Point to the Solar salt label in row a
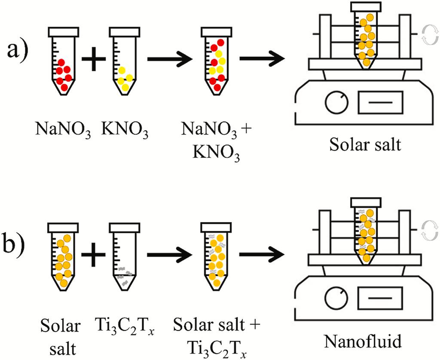[366, 145]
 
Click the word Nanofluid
[366, 342]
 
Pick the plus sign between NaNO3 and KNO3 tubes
[93, 59]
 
